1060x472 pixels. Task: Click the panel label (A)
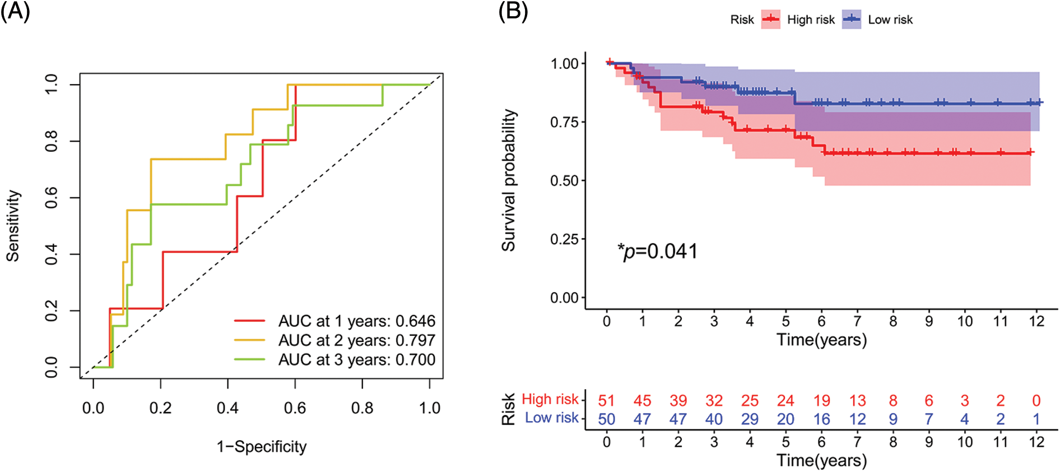[15, 11]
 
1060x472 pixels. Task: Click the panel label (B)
[513, 11]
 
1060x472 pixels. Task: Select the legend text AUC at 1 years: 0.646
[356, 321]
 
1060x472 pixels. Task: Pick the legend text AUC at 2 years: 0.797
[356, 340]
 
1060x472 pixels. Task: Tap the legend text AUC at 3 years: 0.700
[356, 359]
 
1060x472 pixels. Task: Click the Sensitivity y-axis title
[13, 226]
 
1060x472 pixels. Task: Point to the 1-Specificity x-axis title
[262, 447]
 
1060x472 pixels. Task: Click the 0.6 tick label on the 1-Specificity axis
[295, 408]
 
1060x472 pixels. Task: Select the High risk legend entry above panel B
[810, 20]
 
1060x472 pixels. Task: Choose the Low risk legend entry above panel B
[890, 20]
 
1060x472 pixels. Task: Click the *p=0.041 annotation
[658, 251]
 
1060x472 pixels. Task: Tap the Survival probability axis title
[508, 180]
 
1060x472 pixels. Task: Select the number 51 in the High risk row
[606, 401]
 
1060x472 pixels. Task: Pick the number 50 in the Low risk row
[606, 419]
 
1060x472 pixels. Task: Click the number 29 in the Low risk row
[750, 419]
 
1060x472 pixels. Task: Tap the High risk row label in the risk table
[550, 399]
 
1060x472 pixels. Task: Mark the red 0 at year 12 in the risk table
[1036, 401]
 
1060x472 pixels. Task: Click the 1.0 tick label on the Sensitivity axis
[51, 84]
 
